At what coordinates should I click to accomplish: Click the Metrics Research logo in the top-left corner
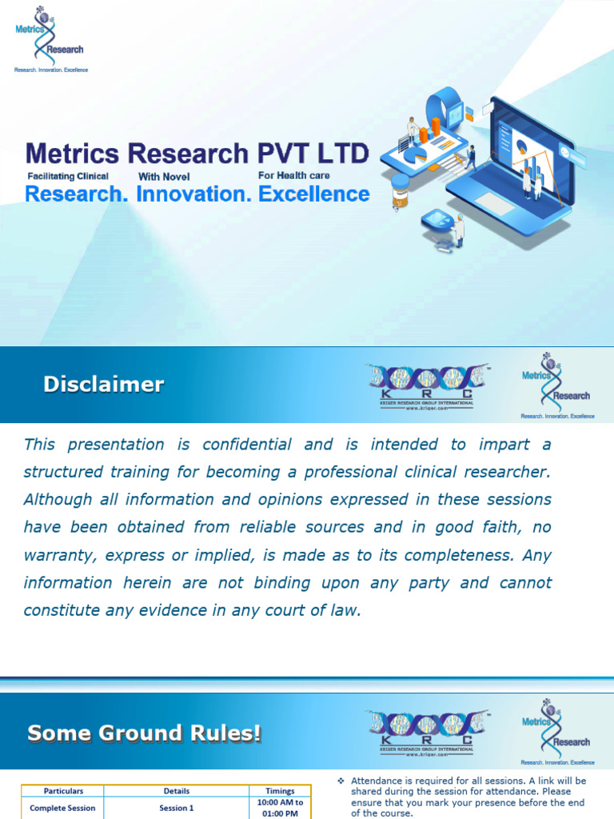tap(50, 39)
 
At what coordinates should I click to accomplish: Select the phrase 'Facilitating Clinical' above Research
tap(68, 176)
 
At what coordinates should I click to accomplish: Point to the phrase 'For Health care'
tap(293, 175)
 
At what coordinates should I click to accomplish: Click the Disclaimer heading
tap(103, 385)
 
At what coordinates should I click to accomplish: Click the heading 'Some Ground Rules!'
tap(144, 733)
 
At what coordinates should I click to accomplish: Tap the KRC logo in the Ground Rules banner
tap(429, 733)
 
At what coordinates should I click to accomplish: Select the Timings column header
tap(280, 791)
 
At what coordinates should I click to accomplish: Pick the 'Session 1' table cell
tap(177, 808)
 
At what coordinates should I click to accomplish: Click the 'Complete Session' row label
tap(62, 808)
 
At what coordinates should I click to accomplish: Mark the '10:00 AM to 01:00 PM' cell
tap(280, 808)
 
